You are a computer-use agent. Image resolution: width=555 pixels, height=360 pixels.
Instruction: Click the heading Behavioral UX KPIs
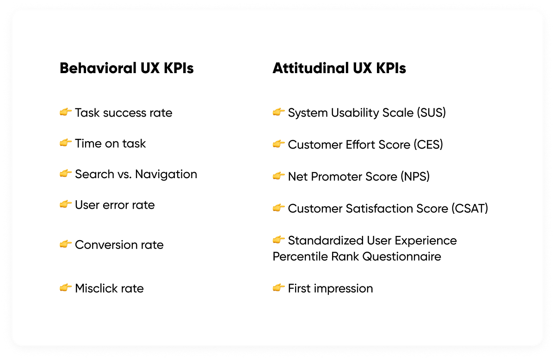(x=126, y=68)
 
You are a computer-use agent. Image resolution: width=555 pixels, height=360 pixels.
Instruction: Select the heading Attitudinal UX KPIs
(x=339, y=68)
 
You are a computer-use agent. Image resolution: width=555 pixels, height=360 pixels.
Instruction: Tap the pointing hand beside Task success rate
(x=65, y=112)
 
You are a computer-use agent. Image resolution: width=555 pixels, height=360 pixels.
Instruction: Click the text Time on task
(x=110, y=143)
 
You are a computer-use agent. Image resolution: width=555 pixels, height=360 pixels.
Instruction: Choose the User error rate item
(x=115, y=205)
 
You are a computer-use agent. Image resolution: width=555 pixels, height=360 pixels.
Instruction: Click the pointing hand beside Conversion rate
(x=65, y=244)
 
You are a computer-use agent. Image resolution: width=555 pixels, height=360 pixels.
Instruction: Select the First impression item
(x=330, y=288)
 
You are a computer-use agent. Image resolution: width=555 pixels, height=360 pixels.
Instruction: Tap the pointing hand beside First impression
(x=278, y=288)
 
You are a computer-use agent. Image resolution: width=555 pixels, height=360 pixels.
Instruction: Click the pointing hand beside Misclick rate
(x=65, y=288)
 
